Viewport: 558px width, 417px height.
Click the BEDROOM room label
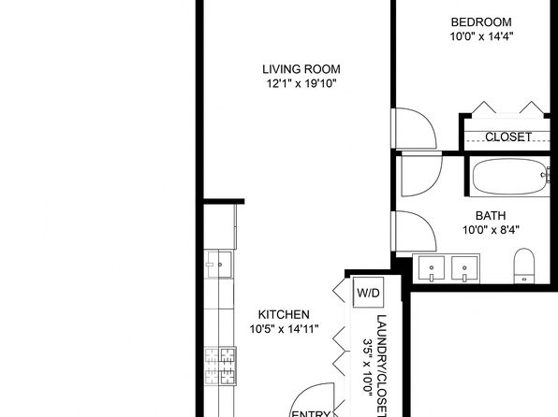pos(481,22)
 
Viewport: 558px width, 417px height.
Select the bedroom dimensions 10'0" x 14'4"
pos(481,37)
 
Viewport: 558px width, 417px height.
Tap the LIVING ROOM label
pos(300,68)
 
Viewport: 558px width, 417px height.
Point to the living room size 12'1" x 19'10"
pos(300,83)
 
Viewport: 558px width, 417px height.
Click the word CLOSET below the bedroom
pos(508,137)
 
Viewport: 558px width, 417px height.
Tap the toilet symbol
pos(524,266)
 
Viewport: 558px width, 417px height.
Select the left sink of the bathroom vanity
pos(432,268)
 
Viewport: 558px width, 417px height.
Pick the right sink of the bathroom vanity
pos(463,268)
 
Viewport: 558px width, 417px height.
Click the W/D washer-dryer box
pos(367,294)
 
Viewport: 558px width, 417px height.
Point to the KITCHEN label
pos(284,314)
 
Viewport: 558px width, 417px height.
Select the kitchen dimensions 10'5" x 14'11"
pos(284,329)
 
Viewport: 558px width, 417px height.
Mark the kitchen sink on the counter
pos(220,266)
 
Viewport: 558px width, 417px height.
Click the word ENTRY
pos(310,412)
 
